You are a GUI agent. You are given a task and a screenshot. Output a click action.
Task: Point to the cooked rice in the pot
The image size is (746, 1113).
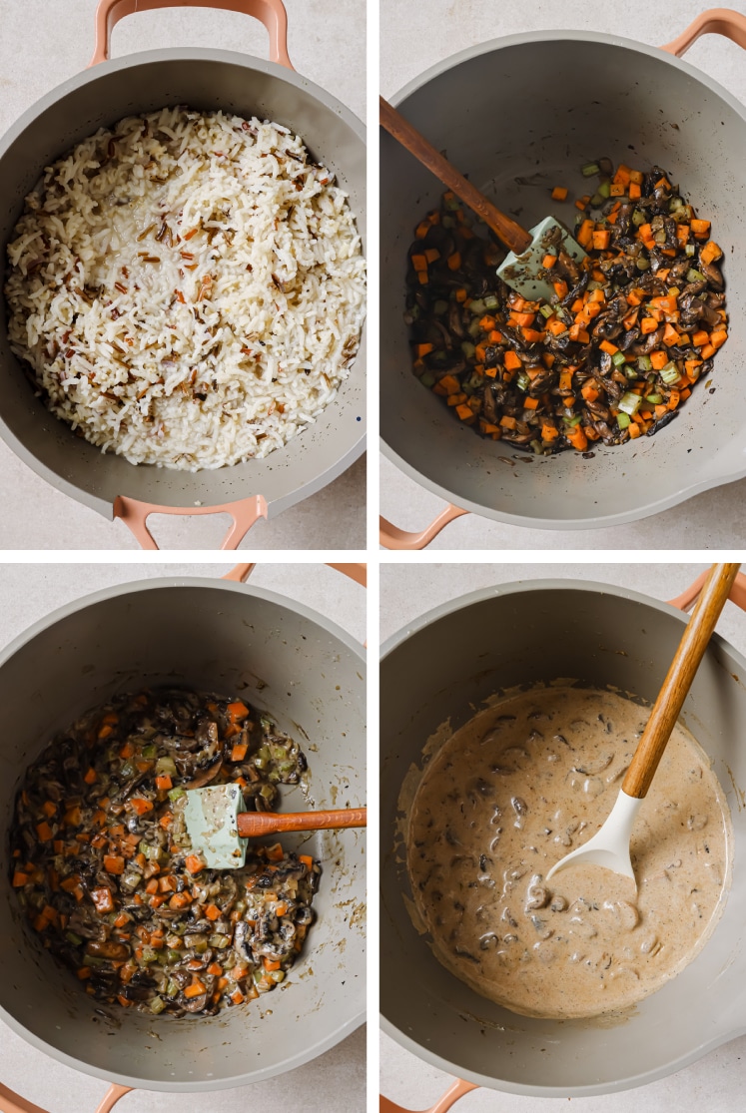click(x=185, y=289)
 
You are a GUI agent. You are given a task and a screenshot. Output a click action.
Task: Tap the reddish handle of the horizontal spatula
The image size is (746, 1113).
click(x=300, y=821)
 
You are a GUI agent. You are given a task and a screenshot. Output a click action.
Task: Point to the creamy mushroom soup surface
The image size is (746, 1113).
click(x=499, y=898)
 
